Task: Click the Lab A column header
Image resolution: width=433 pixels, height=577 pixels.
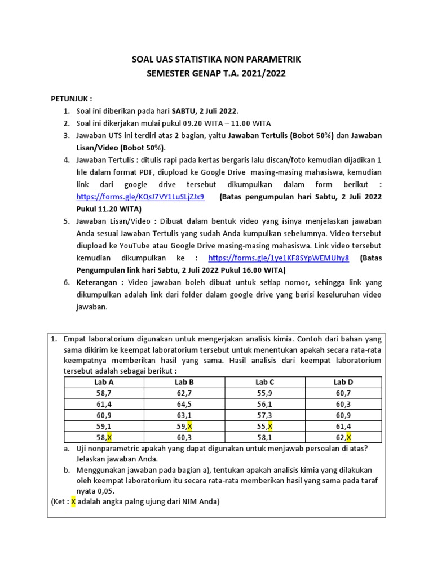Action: click(104, 382)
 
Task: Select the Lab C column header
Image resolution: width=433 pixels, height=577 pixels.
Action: click(264, 382)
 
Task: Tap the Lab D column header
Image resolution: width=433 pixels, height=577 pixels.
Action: click(343, 382)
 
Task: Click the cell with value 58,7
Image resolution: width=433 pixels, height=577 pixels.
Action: click(104, 393)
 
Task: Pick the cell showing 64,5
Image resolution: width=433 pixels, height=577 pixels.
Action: click(184, 404)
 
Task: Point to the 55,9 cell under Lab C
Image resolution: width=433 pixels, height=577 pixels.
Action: click(264, 393)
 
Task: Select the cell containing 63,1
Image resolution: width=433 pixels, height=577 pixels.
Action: click(184, 415)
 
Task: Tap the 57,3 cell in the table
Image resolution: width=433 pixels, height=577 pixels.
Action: click(264, 415)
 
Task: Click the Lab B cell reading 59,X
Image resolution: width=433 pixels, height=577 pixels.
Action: click(184, 426)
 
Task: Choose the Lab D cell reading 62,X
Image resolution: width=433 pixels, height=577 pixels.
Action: click(343, 437)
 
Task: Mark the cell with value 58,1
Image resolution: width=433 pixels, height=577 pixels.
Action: click(264, 437)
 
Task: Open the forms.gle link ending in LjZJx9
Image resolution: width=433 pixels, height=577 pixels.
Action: click(140, 197)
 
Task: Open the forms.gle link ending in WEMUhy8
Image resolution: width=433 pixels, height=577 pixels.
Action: click(279, 258)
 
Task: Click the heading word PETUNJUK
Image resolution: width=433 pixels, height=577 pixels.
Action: click(71, 99)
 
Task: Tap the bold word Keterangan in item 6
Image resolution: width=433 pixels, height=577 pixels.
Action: click(96, 282)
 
